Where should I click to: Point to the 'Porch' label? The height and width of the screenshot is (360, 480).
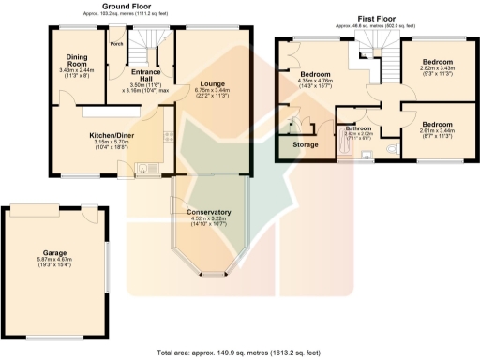(x=117, y=44)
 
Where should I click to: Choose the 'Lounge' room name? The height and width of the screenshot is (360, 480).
(x=210, y=83)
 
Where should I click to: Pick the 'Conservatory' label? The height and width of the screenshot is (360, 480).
(x=209, y=211)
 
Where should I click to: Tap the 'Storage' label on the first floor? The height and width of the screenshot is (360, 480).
(x=306, y=145)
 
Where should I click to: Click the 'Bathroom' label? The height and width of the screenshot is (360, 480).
(x=357, y=128)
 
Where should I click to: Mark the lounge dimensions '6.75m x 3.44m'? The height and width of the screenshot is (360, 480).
(x=210, y=90)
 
